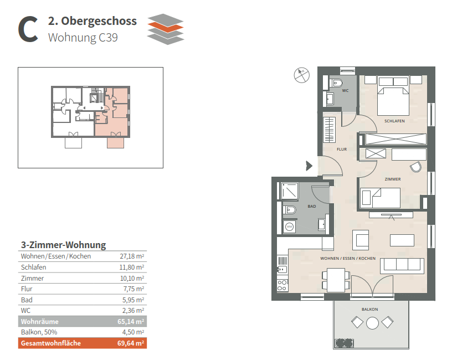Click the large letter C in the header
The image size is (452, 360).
tap(28, 29)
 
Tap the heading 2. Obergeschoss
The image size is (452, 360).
tap(93, 22)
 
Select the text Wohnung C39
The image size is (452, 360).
tap(83, 38)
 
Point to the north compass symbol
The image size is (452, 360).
tap(301, 75)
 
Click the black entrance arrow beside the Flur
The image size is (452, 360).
tap(309, 164)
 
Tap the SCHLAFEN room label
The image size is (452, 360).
tap(394, 121)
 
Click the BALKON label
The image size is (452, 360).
tap(370, 309)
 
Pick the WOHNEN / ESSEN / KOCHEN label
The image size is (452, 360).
tap(348, 259)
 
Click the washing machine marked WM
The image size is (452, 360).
tap(289, 227)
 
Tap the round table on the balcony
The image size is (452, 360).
tap(372, 323)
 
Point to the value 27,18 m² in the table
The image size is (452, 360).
tap(132, 256)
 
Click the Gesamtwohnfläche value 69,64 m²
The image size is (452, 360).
tap(132, 343)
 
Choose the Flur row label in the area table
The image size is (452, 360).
tap(26, 289)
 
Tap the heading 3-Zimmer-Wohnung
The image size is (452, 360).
tap(63, 245)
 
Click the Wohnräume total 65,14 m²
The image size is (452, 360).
tap(132, 322)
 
